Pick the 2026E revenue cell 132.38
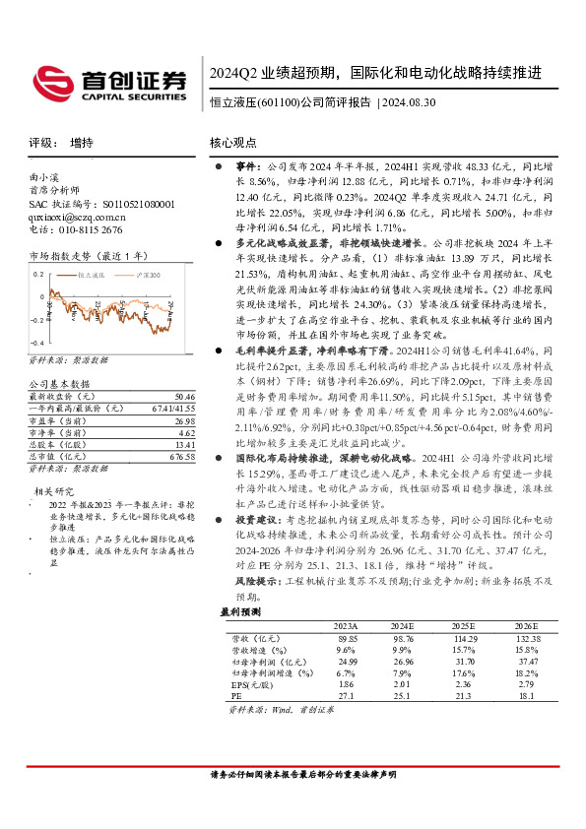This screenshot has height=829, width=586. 527,639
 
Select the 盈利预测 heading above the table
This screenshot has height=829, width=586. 238,611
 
